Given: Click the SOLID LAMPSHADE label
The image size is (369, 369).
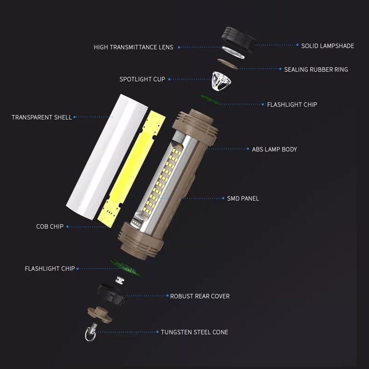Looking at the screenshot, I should [327, 46].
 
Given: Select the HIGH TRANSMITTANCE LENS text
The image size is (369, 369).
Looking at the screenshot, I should [133, 47].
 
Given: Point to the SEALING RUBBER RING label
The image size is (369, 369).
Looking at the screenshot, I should [316, 69].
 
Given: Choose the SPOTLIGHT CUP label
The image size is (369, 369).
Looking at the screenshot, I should [142, 79].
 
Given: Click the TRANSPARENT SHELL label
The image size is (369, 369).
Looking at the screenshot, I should [42, 117].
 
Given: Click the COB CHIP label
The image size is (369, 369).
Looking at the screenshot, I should [49, 226].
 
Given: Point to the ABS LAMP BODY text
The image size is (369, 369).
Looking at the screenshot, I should [274, 149].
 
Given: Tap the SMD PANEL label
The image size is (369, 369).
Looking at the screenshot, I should [243, 198].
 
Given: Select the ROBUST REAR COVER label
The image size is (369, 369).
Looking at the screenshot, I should [199, 296].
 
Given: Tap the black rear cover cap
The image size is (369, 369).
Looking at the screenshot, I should [112, 294].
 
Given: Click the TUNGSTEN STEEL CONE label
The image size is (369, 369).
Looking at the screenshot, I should [194, 332].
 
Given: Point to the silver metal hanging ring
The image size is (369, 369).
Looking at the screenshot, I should [90, 333].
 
